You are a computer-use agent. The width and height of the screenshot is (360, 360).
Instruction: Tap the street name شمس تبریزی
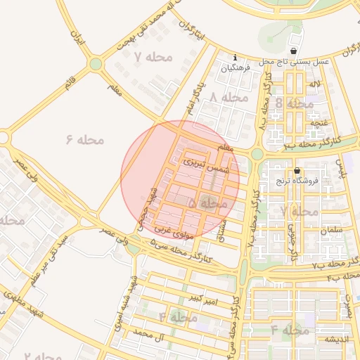pyautogui.click(x=207, y=165)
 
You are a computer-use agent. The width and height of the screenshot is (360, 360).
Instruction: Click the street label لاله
pyautogui.click(x=323, y=84)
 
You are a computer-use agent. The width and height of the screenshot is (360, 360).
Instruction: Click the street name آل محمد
pyautogui.click(x=148, y=331)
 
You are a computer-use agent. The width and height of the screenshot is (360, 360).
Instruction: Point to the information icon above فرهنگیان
pyautogui.click(x=235, y=58)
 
